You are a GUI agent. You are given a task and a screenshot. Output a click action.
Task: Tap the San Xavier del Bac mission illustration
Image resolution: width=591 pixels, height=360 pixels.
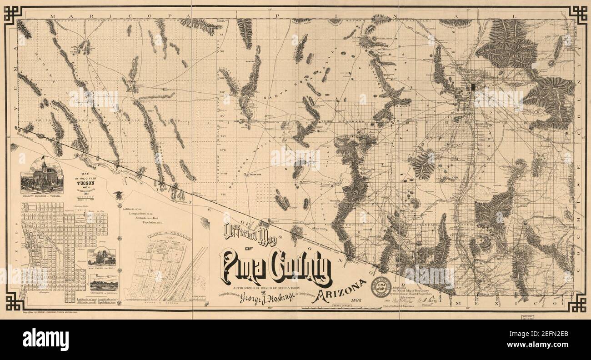click(x=102, y=257)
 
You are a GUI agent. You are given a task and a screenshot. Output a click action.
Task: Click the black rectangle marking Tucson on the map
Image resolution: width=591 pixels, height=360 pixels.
click(x=474, y=86)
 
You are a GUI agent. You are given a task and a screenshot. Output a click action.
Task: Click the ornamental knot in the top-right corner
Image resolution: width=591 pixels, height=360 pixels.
click(x=578, y=15)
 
